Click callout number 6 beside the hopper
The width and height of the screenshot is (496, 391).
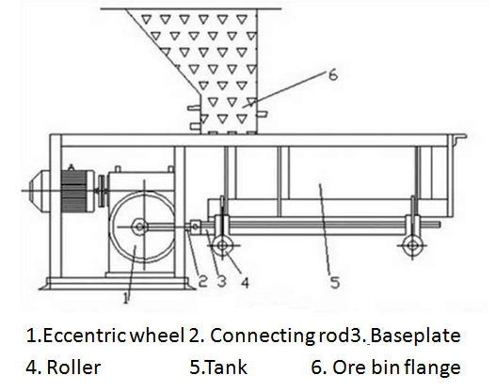pyautogui.click(x=333, y=75)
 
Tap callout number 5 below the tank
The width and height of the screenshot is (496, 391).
pyautogui.click(x=335, y=282)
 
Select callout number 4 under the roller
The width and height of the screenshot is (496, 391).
pyautogui.click(x=245, y=282)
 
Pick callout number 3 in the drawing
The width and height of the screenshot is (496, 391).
pyautogui.click(x=222, y=281)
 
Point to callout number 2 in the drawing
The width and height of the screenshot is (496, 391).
pyautogui.click(x=202, y=281)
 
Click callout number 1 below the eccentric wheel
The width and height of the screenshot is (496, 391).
pyautogui.click(x=126, y=298)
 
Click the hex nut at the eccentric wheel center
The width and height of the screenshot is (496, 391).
pyautogui.click(x=139, y=227)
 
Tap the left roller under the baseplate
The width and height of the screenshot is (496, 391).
pyautogui.click(x=222, y=245)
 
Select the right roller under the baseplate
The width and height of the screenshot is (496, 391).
pyautogui.click(x=412, y=245)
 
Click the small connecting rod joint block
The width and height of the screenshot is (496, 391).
pyautogui.click(x=195, y=227)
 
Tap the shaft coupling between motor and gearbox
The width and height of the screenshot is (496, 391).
pyautogui.click(x=102, y=191)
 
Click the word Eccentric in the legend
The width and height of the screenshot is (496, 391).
pyautogui.click(x=85, y=336)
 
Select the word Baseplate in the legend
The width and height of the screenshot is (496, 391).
pyautogui.click(x=415, y=336)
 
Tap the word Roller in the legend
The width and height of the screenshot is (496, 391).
pyautogui.click(x=73, y=367)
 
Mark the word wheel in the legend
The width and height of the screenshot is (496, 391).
pyautogui.click(x=157, y=336)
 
